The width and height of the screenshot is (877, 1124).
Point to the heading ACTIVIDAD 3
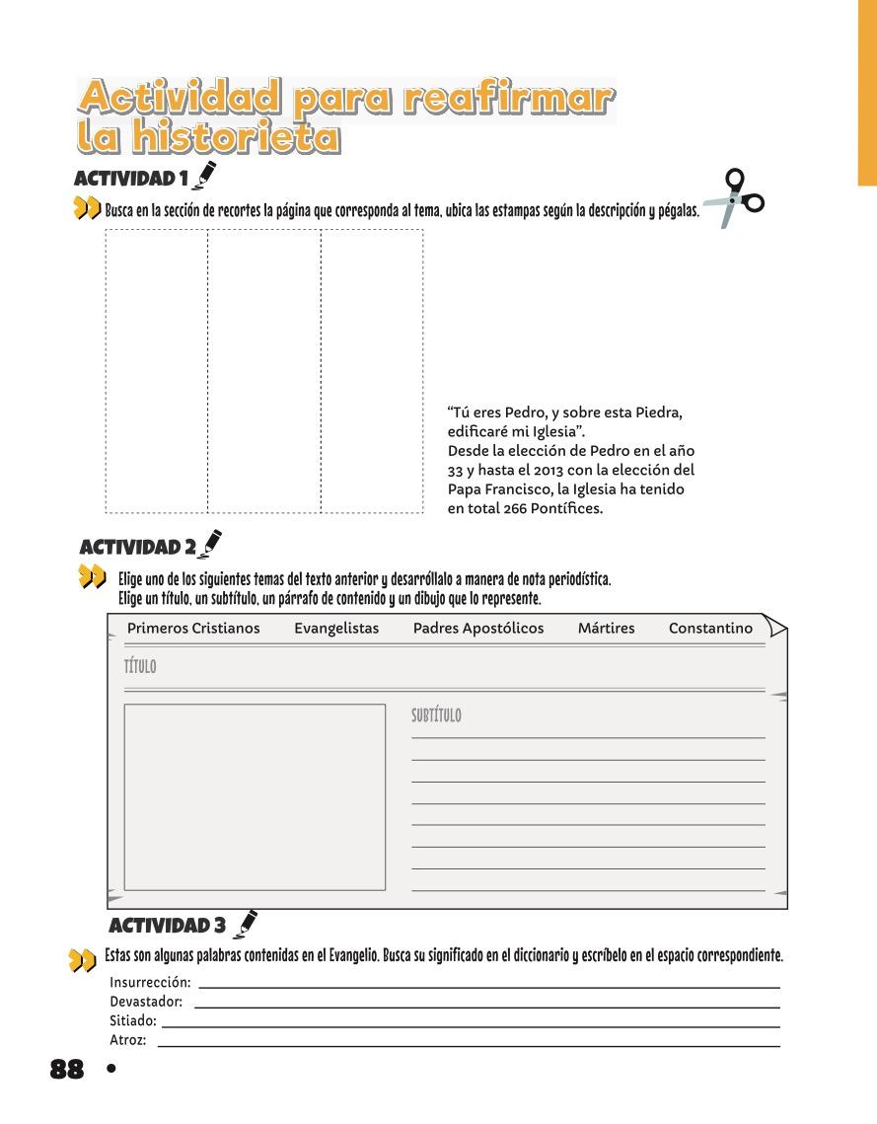[x=167, y=926]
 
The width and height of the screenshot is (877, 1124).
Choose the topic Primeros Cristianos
[x=193, y=629]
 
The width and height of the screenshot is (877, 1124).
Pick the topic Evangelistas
[x=336, y=629]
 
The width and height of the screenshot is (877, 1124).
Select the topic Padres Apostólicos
[x=478, y=629]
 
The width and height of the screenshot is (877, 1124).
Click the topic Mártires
[x=607, y=629]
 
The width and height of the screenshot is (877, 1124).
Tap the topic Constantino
[x=710, y=629]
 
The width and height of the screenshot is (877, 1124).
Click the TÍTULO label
[x=140, y=667]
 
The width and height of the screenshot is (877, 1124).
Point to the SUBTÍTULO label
[x=436, y=715]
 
